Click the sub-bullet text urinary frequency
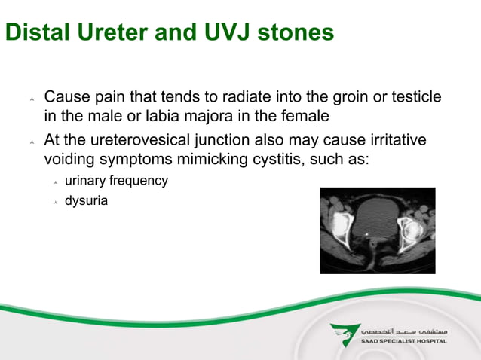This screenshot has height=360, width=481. coord(116,181)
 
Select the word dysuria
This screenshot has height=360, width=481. coord(87,201)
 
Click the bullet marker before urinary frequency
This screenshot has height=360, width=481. coord(56,182)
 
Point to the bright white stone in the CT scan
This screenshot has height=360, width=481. coord(367,234)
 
